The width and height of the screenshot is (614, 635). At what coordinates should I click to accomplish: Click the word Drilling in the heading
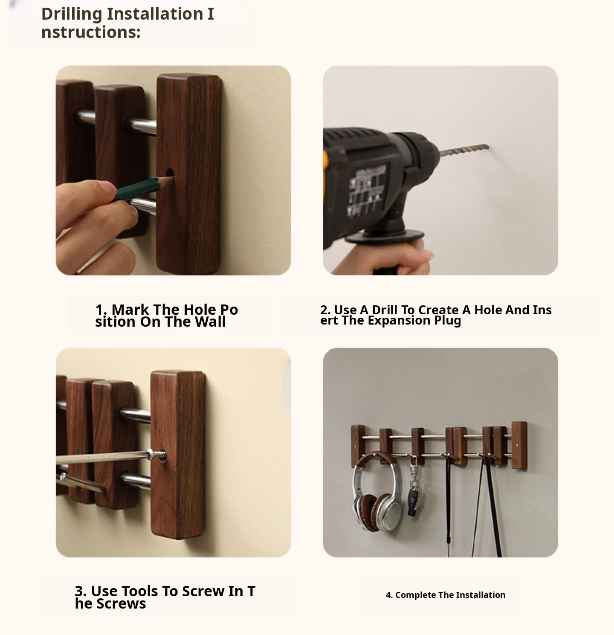point(72,14)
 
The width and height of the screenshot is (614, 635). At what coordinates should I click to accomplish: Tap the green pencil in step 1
point(144,188)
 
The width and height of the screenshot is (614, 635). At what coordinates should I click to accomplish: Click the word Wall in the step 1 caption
point(211,322)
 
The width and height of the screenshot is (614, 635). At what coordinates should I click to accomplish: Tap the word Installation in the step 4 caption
point(481,595)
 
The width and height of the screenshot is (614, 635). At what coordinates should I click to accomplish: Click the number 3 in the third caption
point(79,591)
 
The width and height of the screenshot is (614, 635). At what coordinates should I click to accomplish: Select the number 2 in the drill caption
point(324,310)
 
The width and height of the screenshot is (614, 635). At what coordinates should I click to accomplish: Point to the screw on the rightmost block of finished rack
point(516,445)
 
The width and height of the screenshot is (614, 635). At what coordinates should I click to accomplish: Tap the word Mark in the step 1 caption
point(130,309)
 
